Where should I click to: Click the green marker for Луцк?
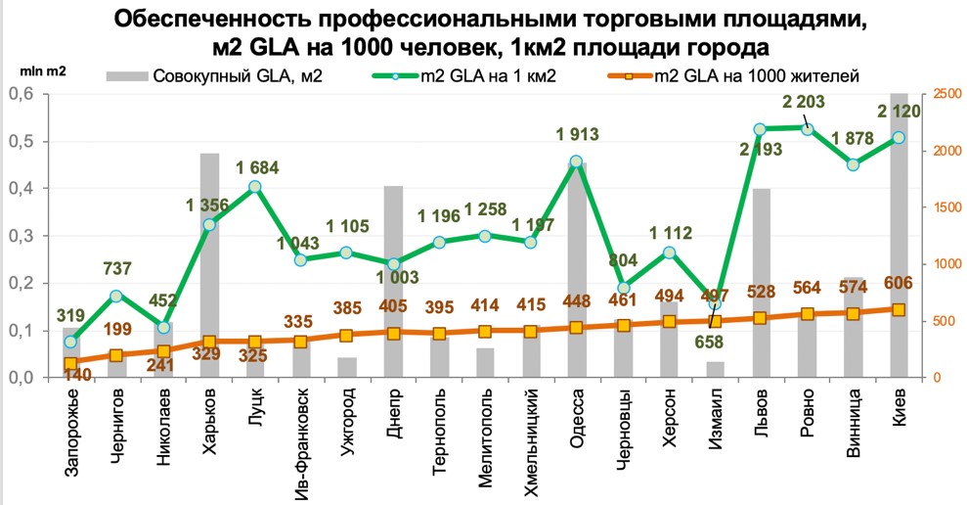[x=255, y=187]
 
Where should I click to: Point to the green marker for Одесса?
[x=577, y=162]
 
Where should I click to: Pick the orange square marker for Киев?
[x=899, y=309]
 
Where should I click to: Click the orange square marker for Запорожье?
[x=70, y=364]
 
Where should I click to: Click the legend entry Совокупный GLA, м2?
[x=216, y=76]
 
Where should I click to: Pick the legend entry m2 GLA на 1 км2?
[x=470, y=76]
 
